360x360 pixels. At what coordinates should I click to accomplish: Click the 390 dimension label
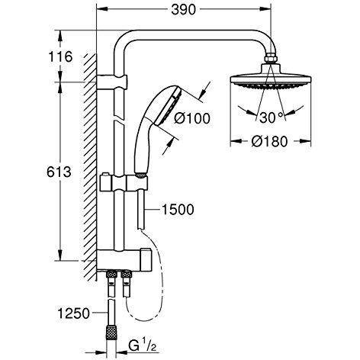[x=183, y=10]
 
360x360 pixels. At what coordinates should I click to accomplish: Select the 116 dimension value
[x=60, y=56]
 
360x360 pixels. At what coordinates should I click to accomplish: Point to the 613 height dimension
[x=59, y=172]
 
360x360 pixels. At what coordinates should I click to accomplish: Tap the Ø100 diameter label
[x=192, y=118]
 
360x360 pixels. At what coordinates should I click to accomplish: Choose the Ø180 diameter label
[x=269, y=141]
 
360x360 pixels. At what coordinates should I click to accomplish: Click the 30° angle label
[x=271, y=117]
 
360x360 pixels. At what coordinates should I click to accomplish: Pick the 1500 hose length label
[x=178, y=210]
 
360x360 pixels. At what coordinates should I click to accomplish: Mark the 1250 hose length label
[x=74, y=313]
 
